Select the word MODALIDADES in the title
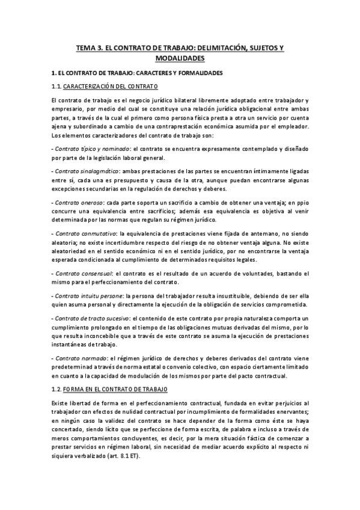point(180,58)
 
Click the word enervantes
point(288,411)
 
